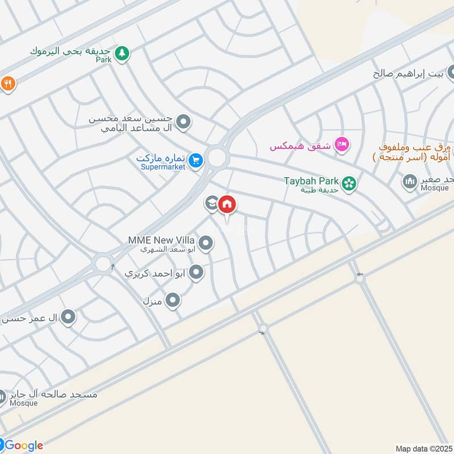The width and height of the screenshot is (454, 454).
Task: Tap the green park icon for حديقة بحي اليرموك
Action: [121, 54]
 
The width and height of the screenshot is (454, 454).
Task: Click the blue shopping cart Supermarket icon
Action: [195, 161]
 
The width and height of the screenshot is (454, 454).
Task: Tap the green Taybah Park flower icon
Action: [349, 183]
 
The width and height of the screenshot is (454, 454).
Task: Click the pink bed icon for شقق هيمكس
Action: [340, 145]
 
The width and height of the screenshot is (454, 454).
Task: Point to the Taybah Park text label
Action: [311, 182]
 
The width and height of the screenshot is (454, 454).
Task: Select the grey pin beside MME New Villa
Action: [206, 244]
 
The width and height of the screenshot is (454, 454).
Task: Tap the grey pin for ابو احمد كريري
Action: [196, 273]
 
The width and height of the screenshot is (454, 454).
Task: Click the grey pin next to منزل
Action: [173, 300]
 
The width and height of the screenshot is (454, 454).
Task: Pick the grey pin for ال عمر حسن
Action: [68, 317]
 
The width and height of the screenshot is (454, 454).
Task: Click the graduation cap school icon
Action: [212, 203]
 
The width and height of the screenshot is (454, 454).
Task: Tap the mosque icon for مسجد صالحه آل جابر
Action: [3, 396]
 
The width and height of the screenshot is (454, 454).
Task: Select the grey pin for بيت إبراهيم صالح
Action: [452, 73]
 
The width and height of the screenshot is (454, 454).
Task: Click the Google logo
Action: [23, 445]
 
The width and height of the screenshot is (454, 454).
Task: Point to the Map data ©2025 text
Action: [423, 448]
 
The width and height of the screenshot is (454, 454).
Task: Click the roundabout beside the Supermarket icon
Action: [217, 158]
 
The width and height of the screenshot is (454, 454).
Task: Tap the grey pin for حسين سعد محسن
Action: [183, 122]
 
